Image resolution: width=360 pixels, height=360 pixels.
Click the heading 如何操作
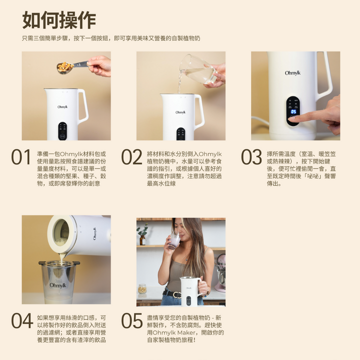[59, 20]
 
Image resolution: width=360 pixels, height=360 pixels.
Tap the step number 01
[21, 157]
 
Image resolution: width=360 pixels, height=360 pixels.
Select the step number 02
[131, 157]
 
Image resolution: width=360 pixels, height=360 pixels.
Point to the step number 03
[251, 157]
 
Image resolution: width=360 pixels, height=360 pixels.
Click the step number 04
[22, 320]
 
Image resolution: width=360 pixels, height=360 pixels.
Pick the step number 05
[132, 320]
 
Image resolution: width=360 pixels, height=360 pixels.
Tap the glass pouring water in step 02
[198, 69]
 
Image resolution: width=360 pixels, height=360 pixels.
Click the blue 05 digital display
[293, 111]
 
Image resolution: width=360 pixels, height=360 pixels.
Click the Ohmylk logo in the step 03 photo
[292, 73]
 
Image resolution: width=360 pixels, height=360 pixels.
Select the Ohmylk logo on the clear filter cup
[58, 285]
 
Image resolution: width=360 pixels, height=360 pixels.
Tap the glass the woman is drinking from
[174, 240]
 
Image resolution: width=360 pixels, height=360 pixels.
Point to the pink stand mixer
[220, 273]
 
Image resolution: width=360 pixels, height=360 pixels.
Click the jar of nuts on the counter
[142, 289]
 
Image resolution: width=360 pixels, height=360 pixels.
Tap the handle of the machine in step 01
[83, 105]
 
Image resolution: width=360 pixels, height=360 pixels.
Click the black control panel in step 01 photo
[62, 131]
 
